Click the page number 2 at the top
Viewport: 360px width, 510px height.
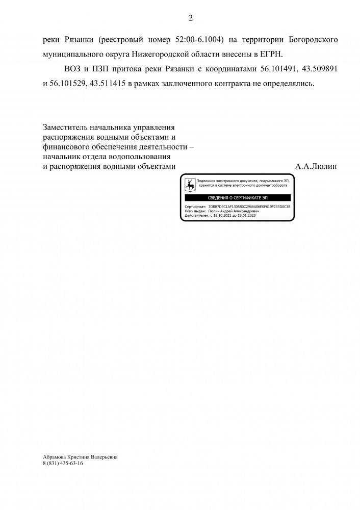point(190,18)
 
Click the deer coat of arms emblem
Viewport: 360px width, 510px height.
point(189,184)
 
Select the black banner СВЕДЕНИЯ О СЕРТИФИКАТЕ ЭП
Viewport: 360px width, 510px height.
point(238,197)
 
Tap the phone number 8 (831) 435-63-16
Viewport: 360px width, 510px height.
point(63,464)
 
